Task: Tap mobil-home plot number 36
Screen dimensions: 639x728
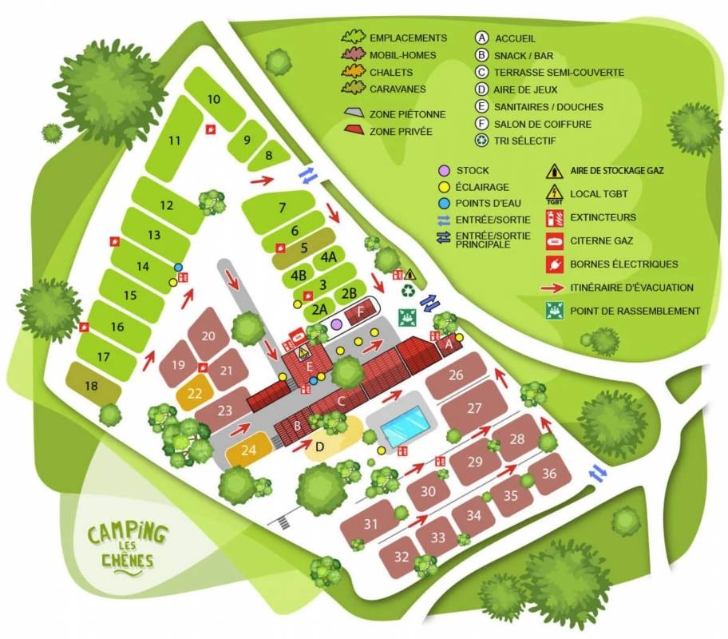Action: click(549, 473)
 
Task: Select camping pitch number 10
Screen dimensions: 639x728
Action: click(213, 100)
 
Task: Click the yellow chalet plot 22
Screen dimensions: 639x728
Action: click(195, 393)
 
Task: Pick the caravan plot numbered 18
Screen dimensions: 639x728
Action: click(91, 386)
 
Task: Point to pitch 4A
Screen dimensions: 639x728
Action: click(327, 258)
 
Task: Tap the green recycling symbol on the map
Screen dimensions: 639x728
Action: click(409, 291)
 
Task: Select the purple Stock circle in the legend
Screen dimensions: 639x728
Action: click(444, 170)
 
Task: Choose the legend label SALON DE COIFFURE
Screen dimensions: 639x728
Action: click(542, 124)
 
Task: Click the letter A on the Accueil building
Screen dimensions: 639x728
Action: click(449, 344)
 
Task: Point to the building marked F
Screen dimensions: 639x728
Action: click(361, 313)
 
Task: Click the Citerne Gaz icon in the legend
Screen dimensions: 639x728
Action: click(552, 240)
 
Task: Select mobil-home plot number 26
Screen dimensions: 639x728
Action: click(456, 375)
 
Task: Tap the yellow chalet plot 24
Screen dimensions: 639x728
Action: click(249, 450)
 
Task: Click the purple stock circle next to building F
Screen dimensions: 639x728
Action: click(337, 323)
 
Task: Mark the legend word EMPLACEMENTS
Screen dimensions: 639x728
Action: click(408, 38)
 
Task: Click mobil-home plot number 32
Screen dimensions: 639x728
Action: click(402, 556)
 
